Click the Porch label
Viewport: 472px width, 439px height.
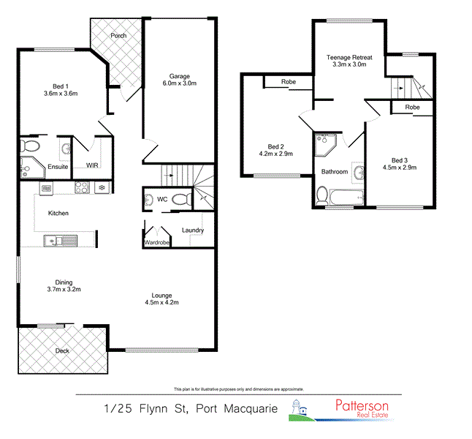click(x=118, y=35)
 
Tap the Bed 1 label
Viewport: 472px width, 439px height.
click(x=61, y=86)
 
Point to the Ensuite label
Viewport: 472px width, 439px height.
click(x=58, y=167)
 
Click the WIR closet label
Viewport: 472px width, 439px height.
click(x=93, y=165)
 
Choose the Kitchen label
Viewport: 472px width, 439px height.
click(x=58, y=213)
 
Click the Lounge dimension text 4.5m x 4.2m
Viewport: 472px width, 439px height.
click(x=161, y=302)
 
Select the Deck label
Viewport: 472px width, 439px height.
click(x=64, y=350)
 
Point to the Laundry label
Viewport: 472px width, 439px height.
click(x=193, y=230)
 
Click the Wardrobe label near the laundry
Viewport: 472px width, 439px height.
click(x=157, y=242)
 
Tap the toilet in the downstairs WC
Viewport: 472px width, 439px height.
click(x=182, y=198)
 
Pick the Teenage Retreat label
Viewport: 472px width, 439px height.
click(x=349, y=57)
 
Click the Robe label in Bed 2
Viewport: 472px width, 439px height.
click(x=289, y=82)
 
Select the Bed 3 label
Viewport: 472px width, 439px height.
click(x=399, y=161)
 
